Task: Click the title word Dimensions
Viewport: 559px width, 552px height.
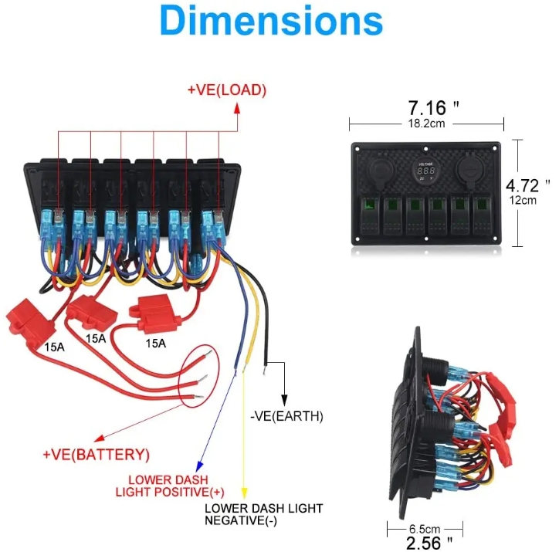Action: (271, 22)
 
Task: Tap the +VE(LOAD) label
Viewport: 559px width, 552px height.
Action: (226, 90)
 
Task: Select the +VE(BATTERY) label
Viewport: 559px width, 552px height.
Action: (97, 453)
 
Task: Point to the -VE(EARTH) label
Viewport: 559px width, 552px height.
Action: (287, 416)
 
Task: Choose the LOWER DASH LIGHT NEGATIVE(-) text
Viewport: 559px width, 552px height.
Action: (263, 514)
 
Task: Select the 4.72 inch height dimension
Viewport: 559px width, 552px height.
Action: (527, 185)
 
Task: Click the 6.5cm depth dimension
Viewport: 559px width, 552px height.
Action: (425, 529)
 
